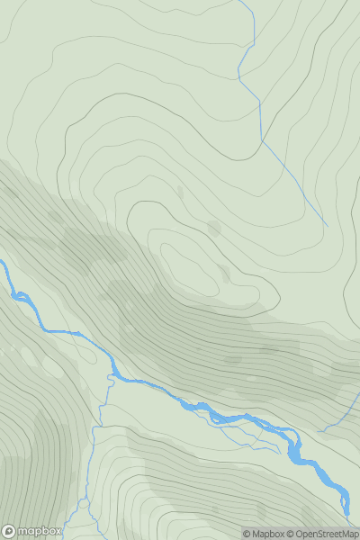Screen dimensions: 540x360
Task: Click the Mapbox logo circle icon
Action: click(9, 531)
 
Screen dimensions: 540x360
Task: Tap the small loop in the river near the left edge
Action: click(17, 294)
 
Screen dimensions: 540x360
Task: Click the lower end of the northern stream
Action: click(325, 224)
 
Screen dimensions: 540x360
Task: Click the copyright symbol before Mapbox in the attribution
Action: click(247, 534)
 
